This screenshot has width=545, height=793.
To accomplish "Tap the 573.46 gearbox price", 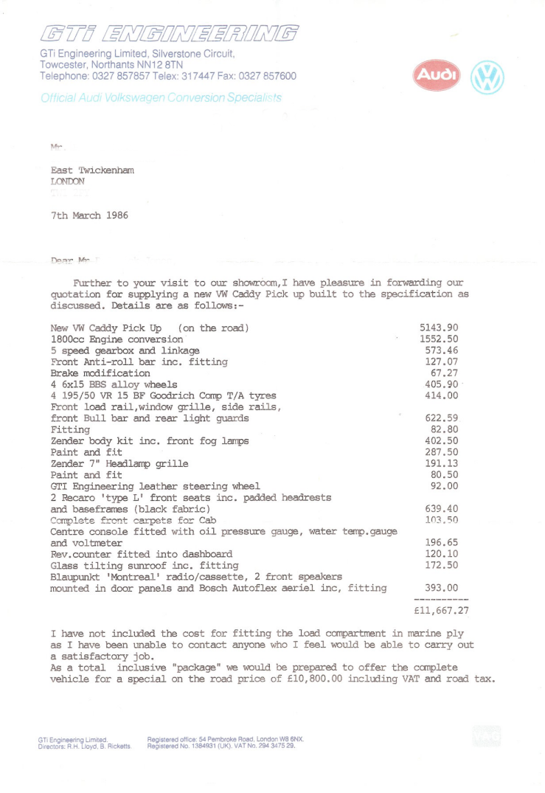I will point(442,350).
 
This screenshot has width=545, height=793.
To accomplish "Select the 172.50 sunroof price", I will point(442,565).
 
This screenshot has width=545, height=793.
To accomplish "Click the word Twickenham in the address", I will point(111,170).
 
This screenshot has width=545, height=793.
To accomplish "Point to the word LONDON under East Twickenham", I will point(68,181).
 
